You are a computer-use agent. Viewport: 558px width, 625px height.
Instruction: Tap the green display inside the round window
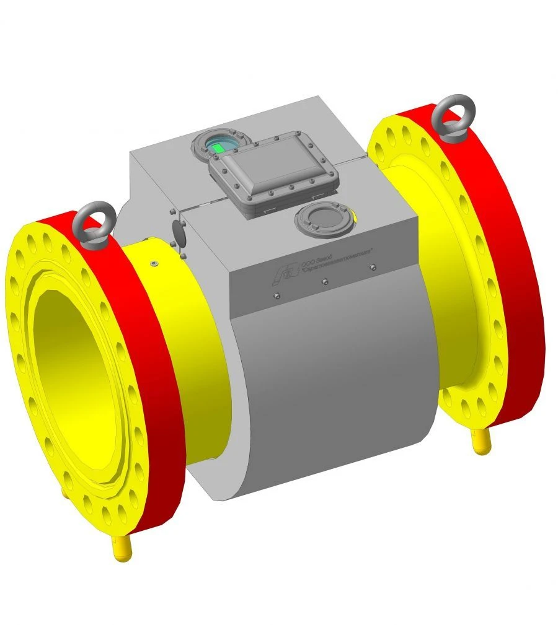219,147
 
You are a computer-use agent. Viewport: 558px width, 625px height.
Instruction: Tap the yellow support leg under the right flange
482,442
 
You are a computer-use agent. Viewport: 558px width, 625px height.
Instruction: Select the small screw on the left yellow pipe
154,264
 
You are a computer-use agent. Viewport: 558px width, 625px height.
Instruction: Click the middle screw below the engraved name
325,282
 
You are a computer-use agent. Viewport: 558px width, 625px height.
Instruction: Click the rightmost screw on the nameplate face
372,268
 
